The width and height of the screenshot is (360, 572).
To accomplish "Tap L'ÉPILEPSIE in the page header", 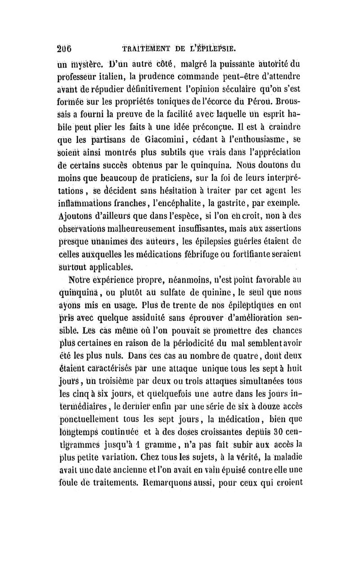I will (x=215, y=48).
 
